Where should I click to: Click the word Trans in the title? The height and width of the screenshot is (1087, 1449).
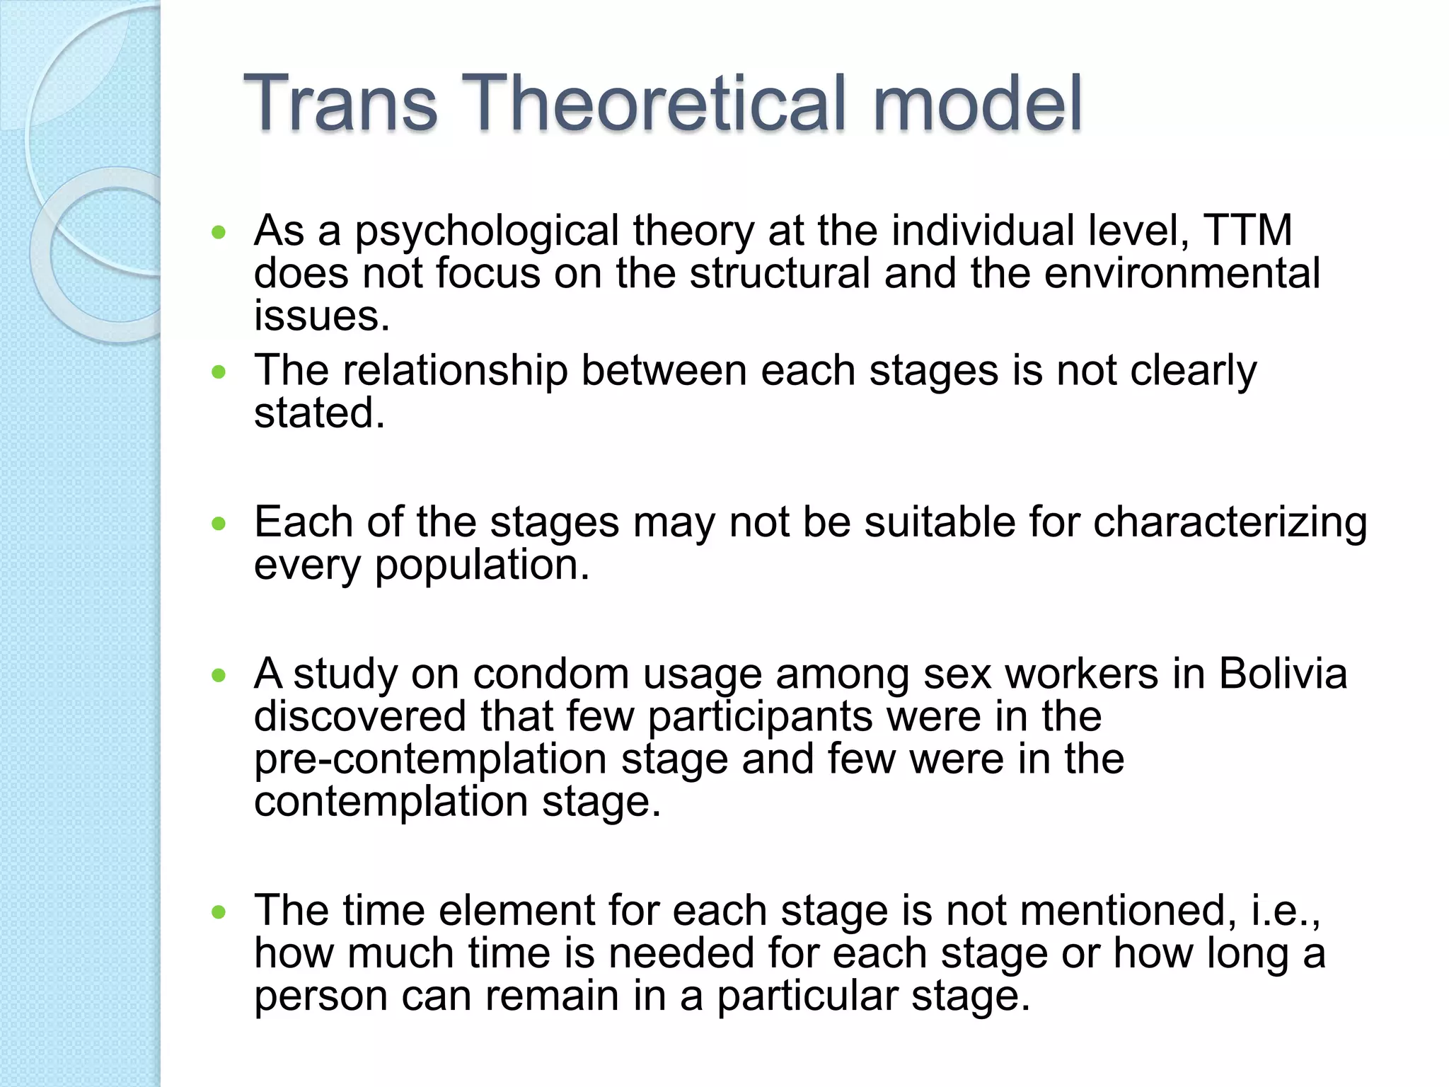point(340,104)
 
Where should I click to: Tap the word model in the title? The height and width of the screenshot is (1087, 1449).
point(977,104)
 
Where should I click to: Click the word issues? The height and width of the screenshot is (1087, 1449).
point(322,316)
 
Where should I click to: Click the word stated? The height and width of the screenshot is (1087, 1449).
point(319,413)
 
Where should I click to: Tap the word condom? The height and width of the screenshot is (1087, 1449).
point(550,674)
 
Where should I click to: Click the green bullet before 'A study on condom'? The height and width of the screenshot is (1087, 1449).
point(219,675)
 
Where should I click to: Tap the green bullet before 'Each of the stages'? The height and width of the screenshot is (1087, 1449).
point(219,524)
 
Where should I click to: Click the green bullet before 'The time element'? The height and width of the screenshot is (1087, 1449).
point(219,911)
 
